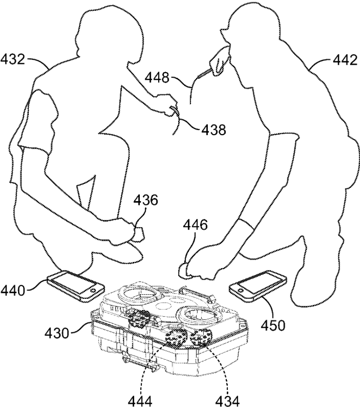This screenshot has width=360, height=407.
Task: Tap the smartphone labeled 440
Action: click(x=76, y=285)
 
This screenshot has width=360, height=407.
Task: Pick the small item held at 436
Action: click(x=139, y=233)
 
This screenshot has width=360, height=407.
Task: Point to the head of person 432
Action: click(x=106, y=31)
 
